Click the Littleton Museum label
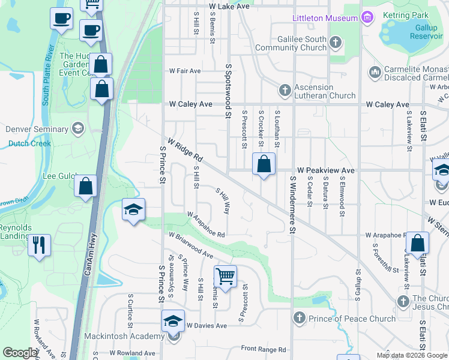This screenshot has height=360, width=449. pos(325,18)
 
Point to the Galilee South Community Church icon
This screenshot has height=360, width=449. pos(336,43)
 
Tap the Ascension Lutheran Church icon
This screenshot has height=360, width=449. pos(285,91)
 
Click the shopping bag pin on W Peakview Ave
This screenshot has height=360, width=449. pos(264,164)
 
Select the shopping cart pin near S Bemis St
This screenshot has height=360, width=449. pos(225,277)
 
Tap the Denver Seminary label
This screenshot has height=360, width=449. pos(37,129)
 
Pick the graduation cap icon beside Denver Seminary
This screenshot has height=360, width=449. pos(77,128)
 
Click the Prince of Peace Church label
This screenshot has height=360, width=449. pos(352,319)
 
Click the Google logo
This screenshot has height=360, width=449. pos(20,353)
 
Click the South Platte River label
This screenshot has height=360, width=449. pos(47,75)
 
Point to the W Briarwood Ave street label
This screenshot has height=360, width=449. pos(191,246)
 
